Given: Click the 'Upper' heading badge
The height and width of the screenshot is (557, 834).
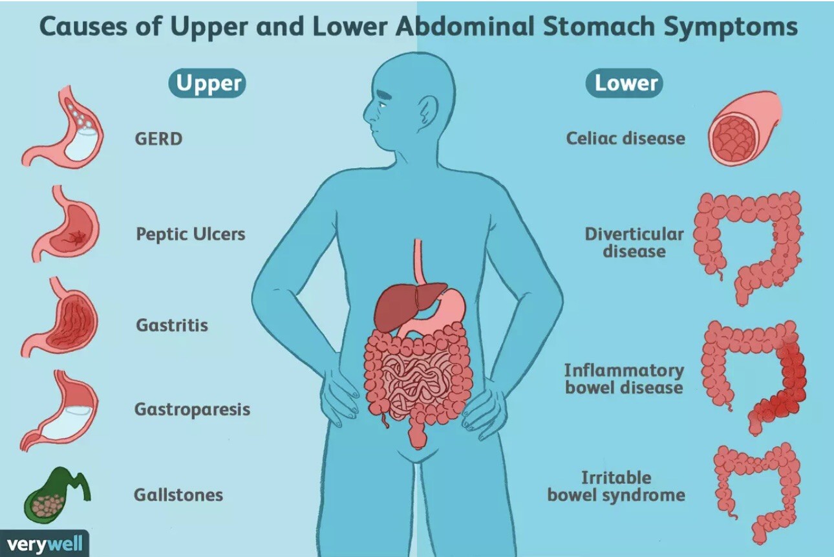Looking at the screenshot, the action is [x=207, y=83].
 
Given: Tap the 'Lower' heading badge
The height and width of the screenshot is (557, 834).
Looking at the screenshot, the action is [x=625, y=83].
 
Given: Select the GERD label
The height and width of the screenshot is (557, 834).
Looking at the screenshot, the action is [x=158, y=139].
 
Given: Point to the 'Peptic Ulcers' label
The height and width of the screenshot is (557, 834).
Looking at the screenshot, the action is [x=191, y=234].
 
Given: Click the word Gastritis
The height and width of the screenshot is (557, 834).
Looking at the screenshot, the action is [x=172, y=325].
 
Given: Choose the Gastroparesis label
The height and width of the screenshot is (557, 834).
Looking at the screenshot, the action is [x=192, y=410].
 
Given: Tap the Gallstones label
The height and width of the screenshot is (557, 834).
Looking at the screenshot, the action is [x=178, y=495].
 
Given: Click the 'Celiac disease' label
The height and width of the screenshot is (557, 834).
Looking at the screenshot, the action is [x=626, y=138].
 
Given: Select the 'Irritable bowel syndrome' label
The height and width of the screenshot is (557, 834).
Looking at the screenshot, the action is [x=616, y=486].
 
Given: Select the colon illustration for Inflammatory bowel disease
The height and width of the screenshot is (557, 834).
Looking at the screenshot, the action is [x=754, y=377].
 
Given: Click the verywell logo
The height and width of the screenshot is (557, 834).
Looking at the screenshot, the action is [x=45, y=544].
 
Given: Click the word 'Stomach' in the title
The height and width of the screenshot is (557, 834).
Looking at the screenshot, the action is [x=598, y=27].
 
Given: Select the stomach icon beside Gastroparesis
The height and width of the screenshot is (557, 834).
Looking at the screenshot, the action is [x=61, y=410].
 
